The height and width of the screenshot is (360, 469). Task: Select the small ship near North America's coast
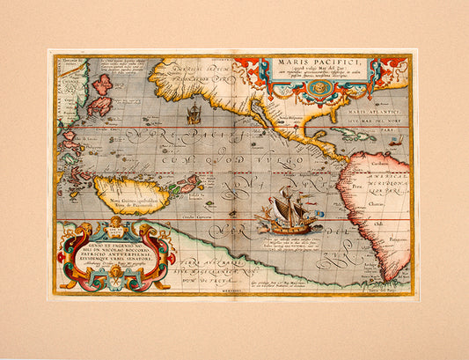(x=194, y=114)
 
